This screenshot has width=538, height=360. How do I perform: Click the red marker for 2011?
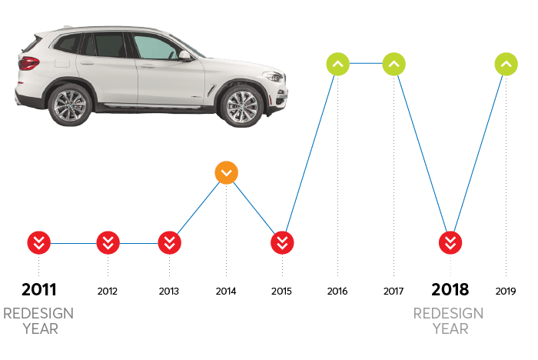[x=38, y=243]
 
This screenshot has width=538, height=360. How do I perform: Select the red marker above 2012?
[x=108, y=243]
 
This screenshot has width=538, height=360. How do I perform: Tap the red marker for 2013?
[x=169, y=243]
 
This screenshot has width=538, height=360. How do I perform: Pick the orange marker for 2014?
[x=226, y=173]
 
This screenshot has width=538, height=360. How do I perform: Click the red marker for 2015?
[x=282, y=243]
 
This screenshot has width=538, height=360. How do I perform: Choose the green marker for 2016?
[x=337, y=64]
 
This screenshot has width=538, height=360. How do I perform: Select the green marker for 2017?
[x=394, y=64]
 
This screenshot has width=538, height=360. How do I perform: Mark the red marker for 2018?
[x=450, y=243]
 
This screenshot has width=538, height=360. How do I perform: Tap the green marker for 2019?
[x=506, y=64]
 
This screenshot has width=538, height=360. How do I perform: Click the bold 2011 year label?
[x=38, y=290]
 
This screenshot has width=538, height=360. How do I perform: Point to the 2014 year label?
[x=226, y=292]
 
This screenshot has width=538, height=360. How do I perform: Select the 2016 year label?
[x=337, y=292]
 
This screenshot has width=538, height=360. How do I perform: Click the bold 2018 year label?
[x=450, y=290]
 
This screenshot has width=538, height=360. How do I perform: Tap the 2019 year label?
[x=506, y=292]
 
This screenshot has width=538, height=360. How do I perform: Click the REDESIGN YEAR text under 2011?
[x=38, y=321]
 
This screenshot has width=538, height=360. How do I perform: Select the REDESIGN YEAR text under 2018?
[x=449, y=321]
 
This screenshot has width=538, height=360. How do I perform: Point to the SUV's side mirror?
[x=185, y=56]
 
